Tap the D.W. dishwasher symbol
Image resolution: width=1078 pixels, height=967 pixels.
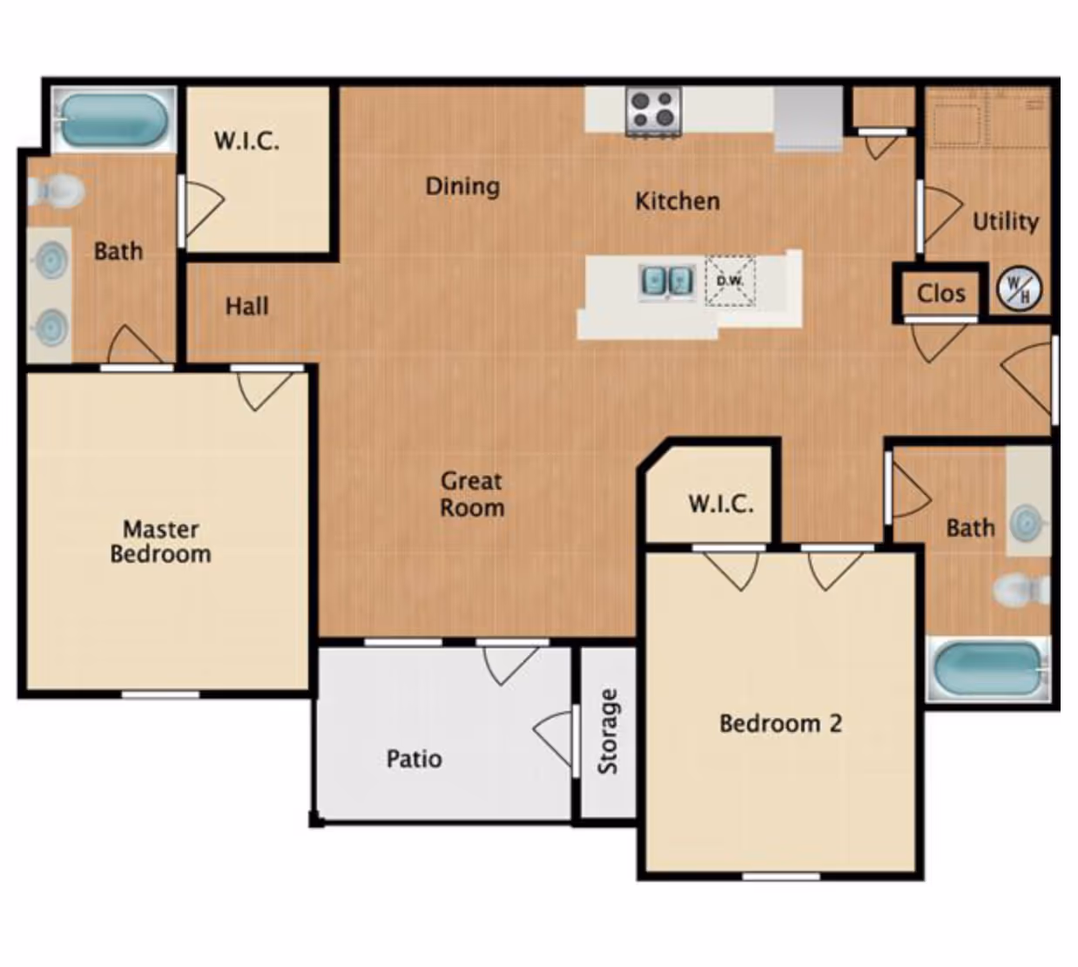point(730,281)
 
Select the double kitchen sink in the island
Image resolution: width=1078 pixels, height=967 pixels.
point(667,281)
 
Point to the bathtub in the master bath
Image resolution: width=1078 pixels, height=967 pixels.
point(112,120)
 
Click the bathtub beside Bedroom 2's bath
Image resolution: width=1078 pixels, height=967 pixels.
point(988,669)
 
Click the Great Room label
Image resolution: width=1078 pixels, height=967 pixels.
point(471,494)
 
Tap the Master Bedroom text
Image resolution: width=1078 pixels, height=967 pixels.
point(161,541)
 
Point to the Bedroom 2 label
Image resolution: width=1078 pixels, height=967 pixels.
point(780,723)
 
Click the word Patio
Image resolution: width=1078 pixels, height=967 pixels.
point(414,759)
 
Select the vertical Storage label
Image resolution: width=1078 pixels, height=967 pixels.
point(608,731)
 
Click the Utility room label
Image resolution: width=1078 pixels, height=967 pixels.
point(1005,221)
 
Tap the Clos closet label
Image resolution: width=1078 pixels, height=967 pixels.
point(940,294)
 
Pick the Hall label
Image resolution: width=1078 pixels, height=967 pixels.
point(246,307)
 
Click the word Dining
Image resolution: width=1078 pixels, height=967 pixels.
point(462,186)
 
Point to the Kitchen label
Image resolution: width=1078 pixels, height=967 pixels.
point(677,201)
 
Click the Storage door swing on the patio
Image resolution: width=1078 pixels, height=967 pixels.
point(556,740)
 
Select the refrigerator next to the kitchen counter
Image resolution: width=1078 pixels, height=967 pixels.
point(808,117)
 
